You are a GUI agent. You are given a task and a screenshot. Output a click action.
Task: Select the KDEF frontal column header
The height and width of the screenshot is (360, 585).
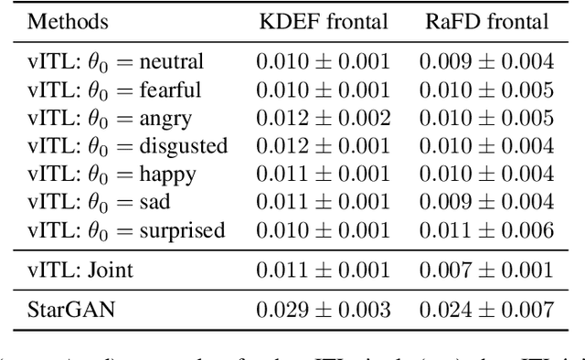click(323, 21)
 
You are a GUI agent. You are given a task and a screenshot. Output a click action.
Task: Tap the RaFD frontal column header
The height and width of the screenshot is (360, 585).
click(486, 21)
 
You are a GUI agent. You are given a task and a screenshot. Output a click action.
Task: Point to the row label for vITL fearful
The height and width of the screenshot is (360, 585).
click(113, 90)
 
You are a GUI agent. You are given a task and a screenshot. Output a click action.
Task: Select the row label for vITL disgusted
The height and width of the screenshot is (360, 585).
click(127, 146)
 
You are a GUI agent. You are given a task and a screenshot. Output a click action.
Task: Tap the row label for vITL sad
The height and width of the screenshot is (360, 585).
click(99, 202)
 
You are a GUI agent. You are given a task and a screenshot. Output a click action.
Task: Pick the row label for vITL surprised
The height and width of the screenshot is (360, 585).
click(125, 230)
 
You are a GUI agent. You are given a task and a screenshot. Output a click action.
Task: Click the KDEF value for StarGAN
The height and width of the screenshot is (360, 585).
click(323, 309)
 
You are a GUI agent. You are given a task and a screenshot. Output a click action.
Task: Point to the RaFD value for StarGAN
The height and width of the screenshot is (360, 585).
click(486, 309)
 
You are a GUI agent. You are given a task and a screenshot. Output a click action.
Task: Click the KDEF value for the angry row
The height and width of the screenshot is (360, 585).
click(323, 118)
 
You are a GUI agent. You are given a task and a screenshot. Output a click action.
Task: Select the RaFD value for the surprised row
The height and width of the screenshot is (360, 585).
click(486, 230)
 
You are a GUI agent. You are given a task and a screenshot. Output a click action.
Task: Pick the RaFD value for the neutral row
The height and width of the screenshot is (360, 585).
click(486, 62)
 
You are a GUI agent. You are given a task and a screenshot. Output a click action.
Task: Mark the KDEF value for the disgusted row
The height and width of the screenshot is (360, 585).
click(323, 146)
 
